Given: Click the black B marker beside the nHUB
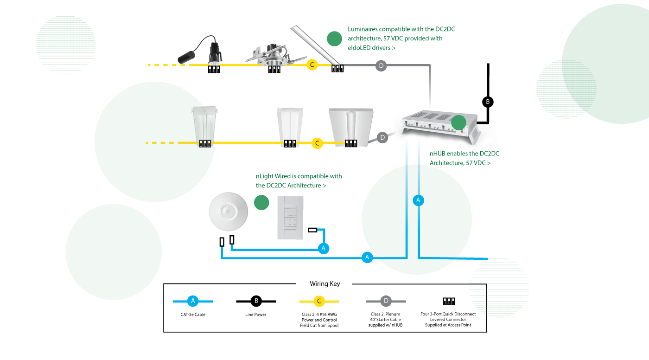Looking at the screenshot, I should pyautogui.click(x=488, y=102).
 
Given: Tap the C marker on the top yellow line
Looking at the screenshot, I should pyautogui.click(x=312, y=65).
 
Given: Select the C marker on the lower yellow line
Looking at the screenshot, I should pyautogui.click(x=317, y=143).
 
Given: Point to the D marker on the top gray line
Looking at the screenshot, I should pyautogui.click(x=381, y=66).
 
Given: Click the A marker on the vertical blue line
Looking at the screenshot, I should pyautogui.click(x=418, y=200).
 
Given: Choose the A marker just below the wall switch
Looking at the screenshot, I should pyautogui.click(x=324, y=249).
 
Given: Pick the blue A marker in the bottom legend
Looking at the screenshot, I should pyautogui.click(x=193, y=301).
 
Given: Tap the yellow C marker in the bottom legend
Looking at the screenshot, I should pyautogui.click(x=319, y=301).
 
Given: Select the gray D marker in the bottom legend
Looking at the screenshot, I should pyautogui.click(x=386, y=301).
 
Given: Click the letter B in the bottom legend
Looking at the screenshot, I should pyautogui.click(x=256, y=301).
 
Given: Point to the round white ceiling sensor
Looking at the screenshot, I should pyautogui.click(x=228, y=212).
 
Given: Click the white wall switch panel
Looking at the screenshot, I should pyautogui.click(x=290, y=218).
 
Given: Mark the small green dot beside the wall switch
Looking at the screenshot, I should pyautogui.click(x=261, y=202).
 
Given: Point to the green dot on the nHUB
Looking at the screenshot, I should pyautogui.click(x=458, y=122).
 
